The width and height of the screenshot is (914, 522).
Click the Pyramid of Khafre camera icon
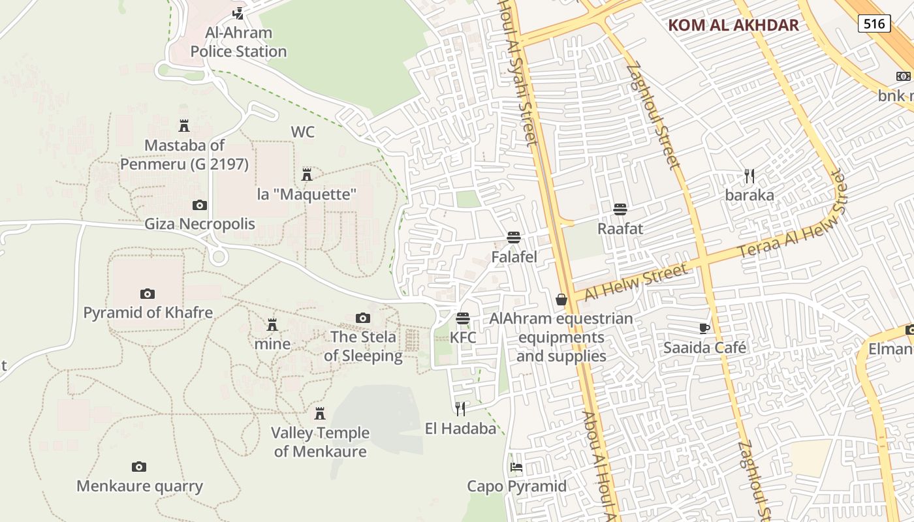(148, 294)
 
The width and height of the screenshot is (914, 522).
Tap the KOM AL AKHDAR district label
(733, 25)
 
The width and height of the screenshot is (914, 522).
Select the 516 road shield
(874, 24)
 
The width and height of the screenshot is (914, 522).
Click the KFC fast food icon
(463, 318)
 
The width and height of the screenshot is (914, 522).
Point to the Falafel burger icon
(514, 238)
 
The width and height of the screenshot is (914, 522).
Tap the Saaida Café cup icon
(704, 328)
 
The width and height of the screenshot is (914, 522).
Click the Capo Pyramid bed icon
(516, 467)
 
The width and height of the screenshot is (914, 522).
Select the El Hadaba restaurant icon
(461, 408)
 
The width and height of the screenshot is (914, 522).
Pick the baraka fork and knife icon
(749, 176)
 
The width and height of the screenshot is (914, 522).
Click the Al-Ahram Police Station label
(238, 42)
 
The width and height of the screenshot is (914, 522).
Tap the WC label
(302, 132)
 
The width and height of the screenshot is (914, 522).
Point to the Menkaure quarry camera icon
(139, 467)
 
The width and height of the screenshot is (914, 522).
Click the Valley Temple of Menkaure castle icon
(320, 413)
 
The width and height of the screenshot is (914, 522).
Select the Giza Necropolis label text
(200, 224)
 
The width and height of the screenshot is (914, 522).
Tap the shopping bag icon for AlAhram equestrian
(561, 299)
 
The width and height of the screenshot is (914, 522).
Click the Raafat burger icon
(620, 209)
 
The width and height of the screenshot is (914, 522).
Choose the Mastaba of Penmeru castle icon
(184, 125)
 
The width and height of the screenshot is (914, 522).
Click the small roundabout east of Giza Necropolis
(219, 257)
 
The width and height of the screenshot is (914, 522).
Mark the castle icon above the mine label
(272, 324)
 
